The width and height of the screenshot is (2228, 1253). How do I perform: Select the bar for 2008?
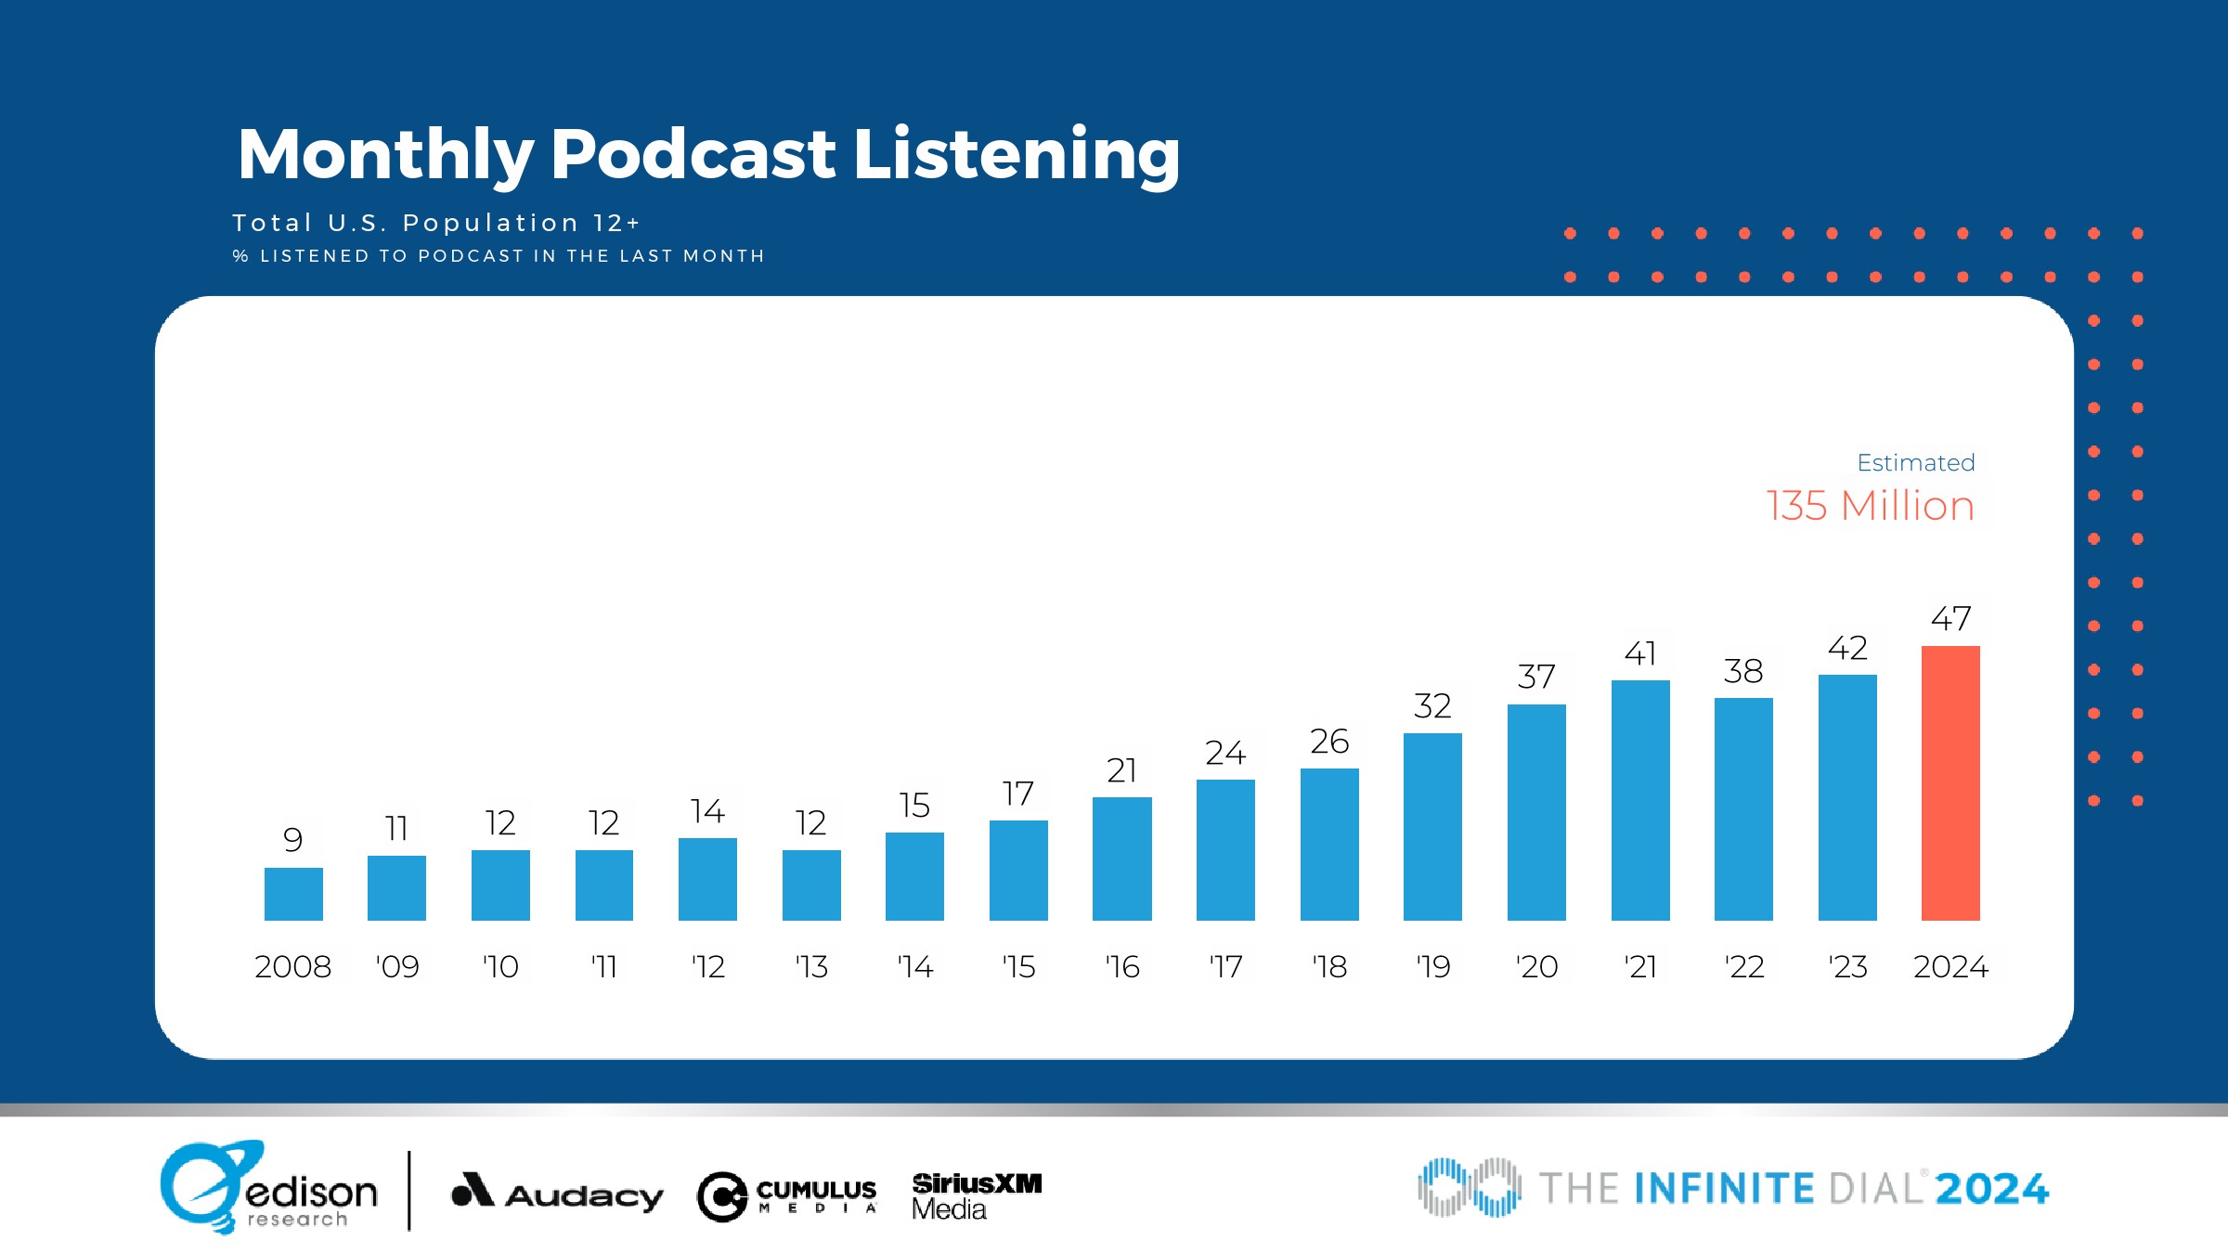tap(293, 894)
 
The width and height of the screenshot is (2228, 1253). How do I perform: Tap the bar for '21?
tap(1640, 800)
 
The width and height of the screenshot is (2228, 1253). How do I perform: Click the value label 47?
tap(1950, 618)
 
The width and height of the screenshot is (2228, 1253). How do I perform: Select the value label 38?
tap(1743, 671)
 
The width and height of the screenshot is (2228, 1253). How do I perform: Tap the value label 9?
tap(293, 840)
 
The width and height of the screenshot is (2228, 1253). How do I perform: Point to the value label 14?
tap(707, 811)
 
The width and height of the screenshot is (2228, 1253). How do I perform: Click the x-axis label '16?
tap(1122, 967)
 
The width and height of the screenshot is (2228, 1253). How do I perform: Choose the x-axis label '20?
tap(1536, 967)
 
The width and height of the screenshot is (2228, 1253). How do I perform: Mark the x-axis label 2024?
tap(1950, 967)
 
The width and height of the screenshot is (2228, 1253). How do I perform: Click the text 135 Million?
tap(1870, 506)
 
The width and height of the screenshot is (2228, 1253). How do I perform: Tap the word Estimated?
tap(1915, 462)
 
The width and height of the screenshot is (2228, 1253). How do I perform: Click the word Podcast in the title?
tap(693, 154)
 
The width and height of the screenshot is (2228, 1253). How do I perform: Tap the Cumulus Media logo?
tap(787, 1195)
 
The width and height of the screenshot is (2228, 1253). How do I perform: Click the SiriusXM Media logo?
tap(977, 1195)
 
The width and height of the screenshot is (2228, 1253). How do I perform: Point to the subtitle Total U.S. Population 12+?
tap(436, 223)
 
